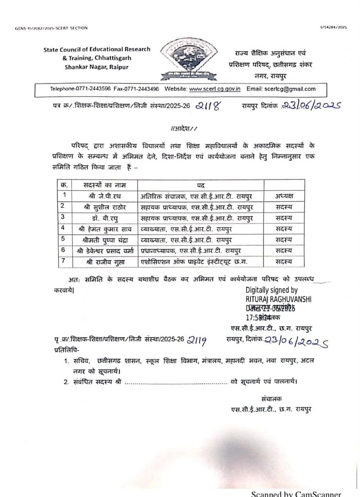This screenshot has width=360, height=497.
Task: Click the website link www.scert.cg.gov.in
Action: (x=215, y=89)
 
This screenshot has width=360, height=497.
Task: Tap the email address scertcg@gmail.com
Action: (x=290, y=89)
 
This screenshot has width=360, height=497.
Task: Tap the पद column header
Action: (x=201, y=184)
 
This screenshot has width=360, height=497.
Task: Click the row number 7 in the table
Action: (x=63, y=261)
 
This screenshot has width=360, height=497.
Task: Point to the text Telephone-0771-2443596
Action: (x=79, y=89)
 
